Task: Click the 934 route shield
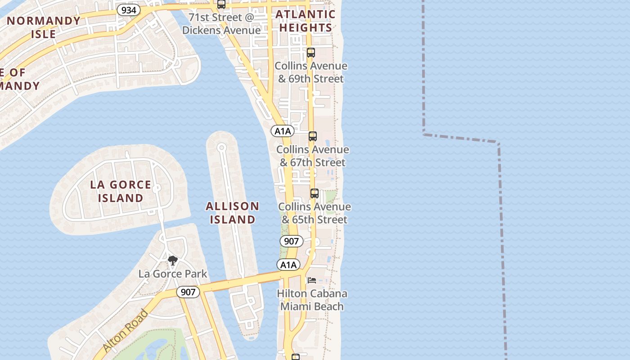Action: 128,9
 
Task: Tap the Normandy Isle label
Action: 44,27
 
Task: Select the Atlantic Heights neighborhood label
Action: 306,21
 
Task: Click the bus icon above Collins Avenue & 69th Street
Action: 311,53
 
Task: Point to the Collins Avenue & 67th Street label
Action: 313,156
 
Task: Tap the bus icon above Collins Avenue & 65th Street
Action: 315,194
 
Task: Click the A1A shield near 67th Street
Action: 283,131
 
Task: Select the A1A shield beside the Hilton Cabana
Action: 288,265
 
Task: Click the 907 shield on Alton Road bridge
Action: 188,292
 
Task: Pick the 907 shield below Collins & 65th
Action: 292,241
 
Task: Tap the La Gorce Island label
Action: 121,191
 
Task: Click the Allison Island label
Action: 233,213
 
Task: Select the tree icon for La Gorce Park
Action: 172,261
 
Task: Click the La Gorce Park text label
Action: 173,274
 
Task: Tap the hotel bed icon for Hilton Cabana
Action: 312,280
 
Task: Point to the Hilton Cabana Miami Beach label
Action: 312,300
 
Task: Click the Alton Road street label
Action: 126,331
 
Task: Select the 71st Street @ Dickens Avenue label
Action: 221,24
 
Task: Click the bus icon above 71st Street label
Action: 221,4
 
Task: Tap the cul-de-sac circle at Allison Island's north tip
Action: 221,148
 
